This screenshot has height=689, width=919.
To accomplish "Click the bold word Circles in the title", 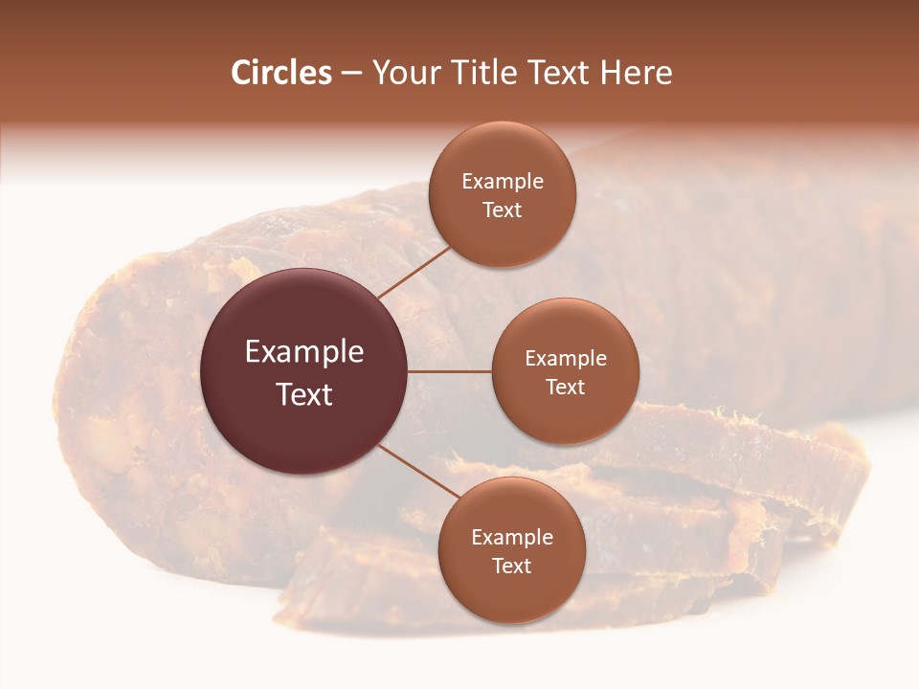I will [x=280, y=73].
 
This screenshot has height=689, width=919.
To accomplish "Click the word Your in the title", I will [x=402, y=73].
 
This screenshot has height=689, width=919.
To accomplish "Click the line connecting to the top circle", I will [x=415, y=271].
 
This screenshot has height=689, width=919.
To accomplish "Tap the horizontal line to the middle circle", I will [x=450, y=371].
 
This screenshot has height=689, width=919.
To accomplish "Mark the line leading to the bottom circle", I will [x=418, y=471].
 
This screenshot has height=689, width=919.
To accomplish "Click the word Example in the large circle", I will [x=304, y=352].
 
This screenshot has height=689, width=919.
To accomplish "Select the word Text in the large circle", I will [x=304, y=393].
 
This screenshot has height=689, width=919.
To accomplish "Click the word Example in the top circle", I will [x=503, y=182].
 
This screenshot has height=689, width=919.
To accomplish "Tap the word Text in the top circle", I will [x=503, y=210].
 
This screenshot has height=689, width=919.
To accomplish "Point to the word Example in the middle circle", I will [x=566, y=359].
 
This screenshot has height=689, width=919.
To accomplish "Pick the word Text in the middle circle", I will [x=566, y=387].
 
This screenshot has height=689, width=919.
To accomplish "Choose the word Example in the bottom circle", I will [x=512, y=538].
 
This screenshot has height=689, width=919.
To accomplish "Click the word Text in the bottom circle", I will [x=512, y=566].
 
